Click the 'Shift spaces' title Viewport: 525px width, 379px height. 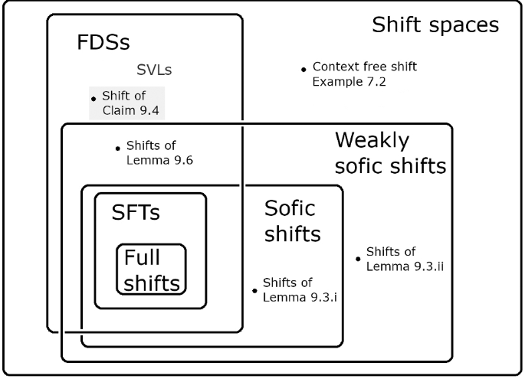tap(435, 25)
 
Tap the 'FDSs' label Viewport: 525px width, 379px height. tap(103, 42)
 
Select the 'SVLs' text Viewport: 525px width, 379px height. tap(154, 70)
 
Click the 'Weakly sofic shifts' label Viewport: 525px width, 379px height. tap(390, 153)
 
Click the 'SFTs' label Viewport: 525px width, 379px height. tap(136, 212)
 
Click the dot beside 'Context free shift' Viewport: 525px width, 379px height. tap(304, 70)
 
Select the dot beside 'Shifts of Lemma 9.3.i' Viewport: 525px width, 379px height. tap(254, 290)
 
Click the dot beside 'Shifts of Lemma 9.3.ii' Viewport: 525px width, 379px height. tap(358, 259)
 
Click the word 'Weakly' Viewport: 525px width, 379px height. tap(372, 140)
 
